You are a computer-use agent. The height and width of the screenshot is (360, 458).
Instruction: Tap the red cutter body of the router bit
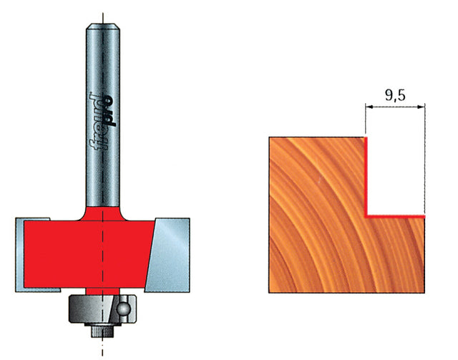coord(86,250)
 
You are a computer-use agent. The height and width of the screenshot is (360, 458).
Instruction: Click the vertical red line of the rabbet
coord(366,175)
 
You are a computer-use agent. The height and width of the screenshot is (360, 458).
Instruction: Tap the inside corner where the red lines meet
coord(366,215)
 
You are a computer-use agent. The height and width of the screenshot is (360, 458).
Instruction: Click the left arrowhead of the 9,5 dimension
coord(369,107)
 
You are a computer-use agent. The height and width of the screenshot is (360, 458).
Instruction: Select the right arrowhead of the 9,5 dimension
coord(422,107)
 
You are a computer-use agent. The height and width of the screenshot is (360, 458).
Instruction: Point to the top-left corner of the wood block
coord(269,138)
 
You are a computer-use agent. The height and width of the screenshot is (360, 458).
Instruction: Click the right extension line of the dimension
coord(426,157)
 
